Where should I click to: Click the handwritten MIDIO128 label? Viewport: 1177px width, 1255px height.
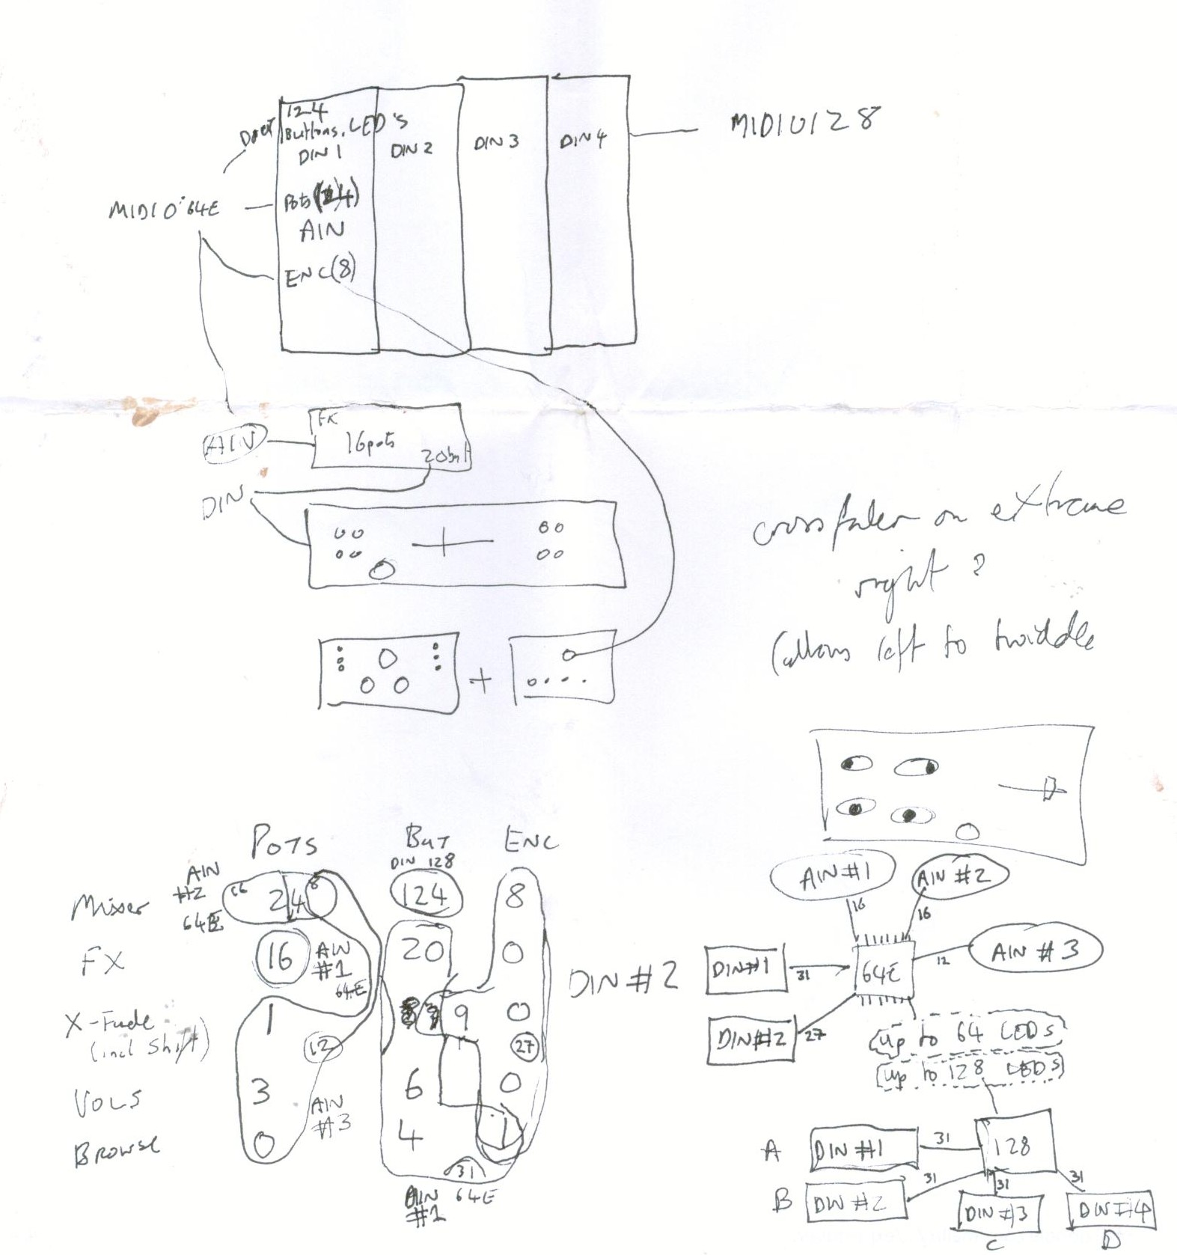pyautogui.click(x=805, y=122)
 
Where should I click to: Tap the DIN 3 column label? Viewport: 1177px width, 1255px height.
pyautogui.click(x=496, y=141)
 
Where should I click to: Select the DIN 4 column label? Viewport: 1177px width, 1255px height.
pyautogui.click(x=583, y=139)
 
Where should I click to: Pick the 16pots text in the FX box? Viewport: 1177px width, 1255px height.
pyautogui.click(x=369, y=444)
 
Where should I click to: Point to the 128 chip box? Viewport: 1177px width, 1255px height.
pyautogui.click(x=1014, y=1145)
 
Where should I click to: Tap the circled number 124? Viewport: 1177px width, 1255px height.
pyautogui.click(x=426, y=894)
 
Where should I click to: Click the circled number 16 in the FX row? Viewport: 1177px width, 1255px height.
pyautogui.click(x=281, y=956)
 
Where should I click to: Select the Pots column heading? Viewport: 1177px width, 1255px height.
pyautogui.click(x=284, y=842)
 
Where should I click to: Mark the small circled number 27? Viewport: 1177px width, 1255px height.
pyautogui.click(x=525, y=1045)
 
